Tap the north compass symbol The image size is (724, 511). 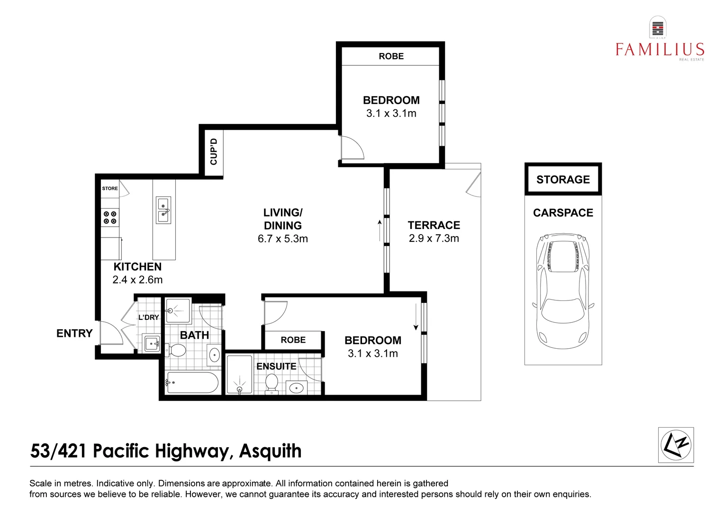(676, 445)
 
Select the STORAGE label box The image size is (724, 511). (563, 179)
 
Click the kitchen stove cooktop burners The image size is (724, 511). (110, 218)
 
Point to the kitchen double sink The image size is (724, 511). (163, 211)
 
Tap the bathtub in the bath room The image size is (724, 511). (192, 382)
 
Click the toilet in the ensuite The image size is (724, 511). (271, 383)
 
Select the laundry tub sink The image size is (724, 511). (152, 343)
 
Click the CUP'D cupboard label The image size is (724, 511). (214, 151)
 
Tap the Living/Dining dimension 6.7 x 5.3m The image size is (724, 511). (283, 239)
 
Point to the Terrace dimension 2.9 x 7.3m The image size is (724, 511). (434, 238)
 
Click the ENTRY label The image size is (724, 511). (74, 334)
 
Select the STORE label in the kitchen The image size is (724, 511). (110, 188)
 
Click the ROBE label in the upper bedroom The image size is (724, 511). (391, 56)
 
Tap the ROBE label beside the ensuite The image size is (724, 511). (293, 340)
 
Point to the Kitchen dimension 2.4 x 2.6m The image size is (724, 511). (137, 280)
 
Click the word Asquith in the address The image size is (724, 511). (270, 451)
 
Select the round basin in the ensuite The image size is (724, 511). (296, 388)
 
